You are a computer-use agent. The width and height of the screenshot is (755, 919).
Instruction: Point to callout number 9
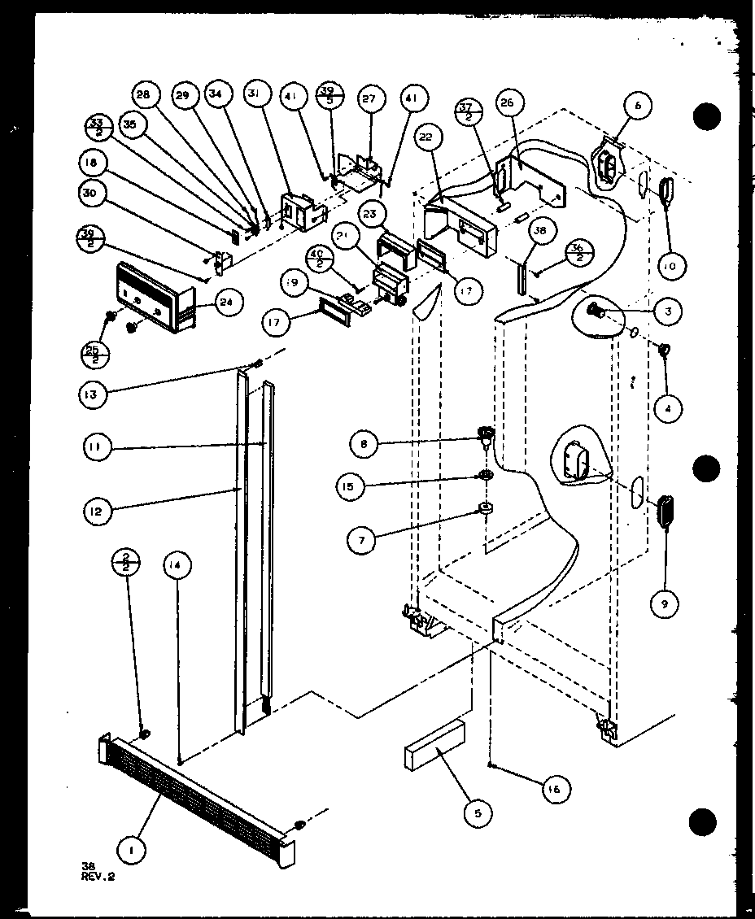(x=666, y=603)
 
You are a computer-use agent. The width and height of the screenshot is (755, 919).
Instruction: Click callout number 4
(x=667, y=409)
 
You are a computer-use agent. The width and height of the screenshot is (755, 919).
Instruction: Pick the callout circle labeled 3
(x=667, y=311)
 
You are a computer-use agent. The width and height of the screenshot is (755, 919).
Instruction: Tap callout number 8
(x=364, y=443)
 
